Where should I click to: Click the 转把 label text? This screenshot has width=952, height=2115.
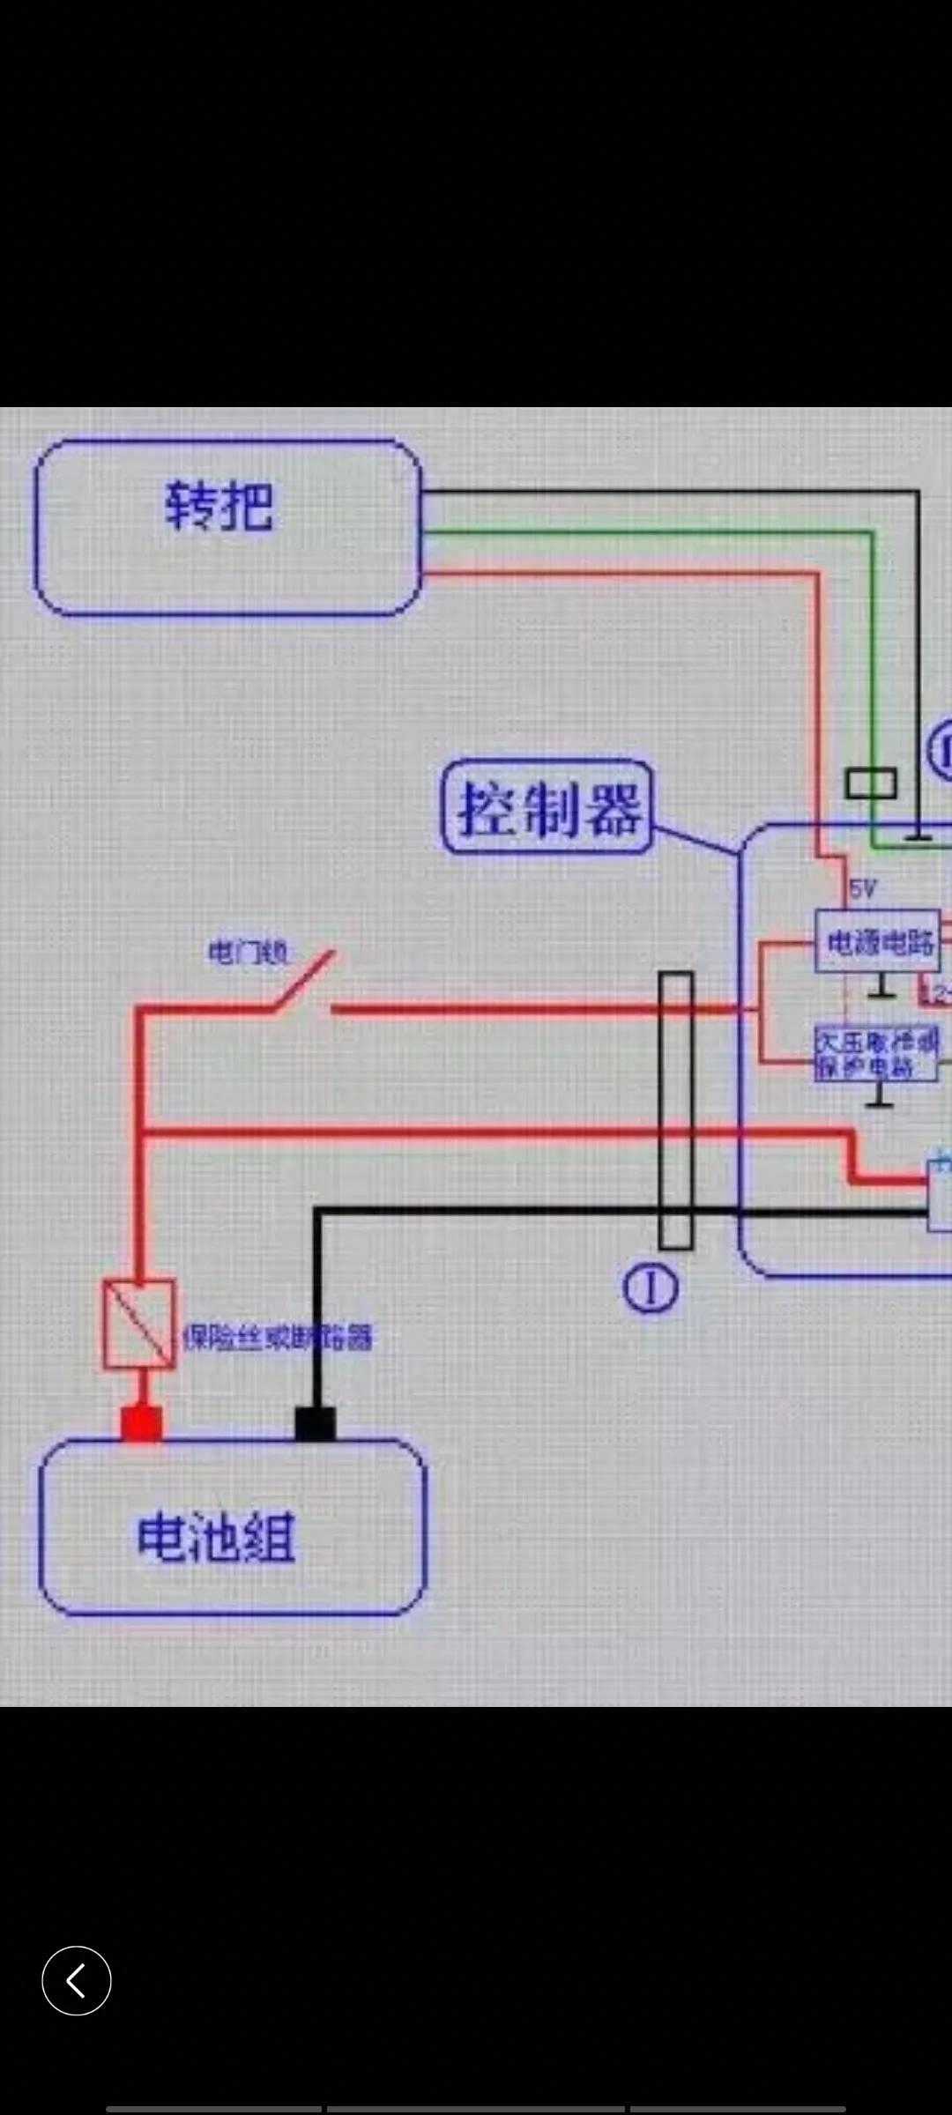point(219,507)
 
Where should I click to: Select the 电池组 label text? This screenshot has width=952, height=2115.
point(216,1539)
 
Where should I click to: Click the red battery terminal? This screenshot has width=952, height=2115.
point(141,1422)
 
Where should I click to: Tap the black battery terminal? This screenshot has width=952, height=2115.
point(315,1423)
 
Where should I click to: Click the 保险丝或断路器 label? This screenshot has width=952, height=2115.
point(278,1338)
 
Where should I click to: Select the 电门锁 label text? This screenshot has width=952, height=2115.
point(248,953)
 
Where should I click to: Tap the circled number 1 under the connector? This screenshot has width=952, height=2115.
point(651,1288)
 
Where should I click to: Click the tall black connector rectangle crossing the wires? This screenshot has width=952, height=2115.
point(676,1110)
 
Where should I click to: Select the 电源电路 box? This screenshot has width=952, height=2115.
point(877,942)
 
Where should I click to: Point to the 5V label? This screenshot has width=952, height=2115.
point(862,889)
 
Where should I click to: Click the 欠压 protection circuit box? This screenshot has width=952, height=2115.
point(877,1053)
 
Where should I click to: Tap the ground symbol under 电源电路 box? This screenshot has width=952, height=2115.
point(881,991)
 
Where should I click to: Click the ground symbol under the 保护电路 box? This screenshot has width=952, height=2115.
point(880,1099)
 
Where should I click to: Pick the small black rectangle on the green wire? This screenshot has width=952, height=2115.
point(871,783)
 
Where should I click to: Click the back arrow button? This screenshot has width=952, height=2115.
point(77,1980)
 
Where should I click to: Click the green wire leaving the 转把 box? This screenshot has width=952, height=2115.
point(643,531)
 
